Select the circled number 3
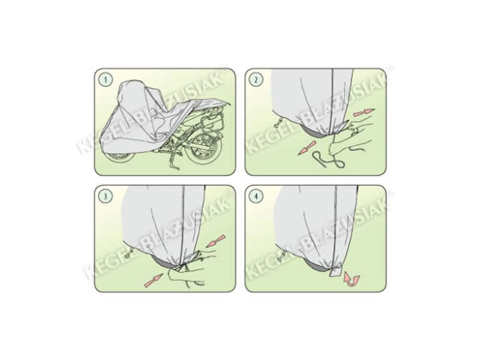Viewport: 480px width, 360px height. pos(106,196)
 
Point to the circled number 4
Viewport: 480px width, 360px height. pos(256,196)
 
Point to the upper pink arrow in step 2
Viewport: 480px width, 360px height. pos(364,112)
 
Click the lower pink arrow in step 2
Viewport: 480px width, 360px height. pos(307,148)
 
